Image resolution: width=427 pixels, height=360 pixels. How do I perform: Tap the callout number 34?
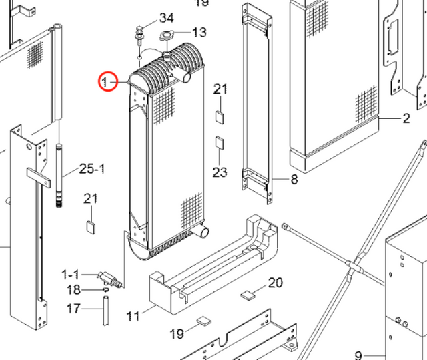(x=166, y=18)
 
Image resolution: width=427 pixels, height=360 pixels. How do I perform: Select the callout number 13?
(x=199, y=33)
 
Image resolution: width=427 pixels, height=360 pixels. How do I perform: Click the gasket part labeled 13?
(x=166, y=35)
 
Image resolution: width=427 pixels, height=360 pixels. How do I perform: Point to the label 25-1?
(x=92, y=169)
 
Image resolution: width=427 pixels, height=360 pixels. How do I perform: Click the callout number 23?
(x=220, y=172)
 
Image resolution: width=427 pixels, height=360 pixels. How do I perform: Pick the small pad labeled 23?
(x=220, y=142)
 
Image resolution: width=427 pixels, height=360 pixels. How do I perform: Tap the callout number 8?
(x=294, y=179)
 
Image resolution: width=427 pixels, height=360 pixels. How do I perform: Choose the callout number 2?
(x=406, y=118)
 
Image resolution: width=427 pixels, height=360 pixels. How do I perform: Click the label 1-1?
(x=70, y=275)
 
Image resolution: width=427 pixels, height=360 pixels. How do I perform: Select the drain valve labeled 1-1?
(x=109, y=279)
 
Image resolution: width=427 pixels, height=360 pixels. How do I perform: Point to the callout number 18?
(x=73, y=289)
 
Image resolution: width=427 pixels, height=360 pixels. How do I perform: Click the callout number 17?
(x=73, y=309)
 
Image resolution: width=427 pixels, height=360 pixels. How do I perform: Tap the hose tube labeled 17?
(x=106, y=311)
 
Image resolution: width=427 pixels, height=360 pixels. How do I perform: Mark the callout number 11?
(x=133, y=317)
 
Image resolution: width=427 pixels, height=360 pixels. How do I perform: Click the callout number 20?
(x=276, y=283)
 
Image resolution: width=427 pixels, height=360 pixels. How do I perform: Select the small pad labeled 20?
(x=248, y=295)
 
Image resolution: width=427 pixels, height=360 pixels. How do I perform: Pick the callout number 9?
(x=359, y=355)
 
